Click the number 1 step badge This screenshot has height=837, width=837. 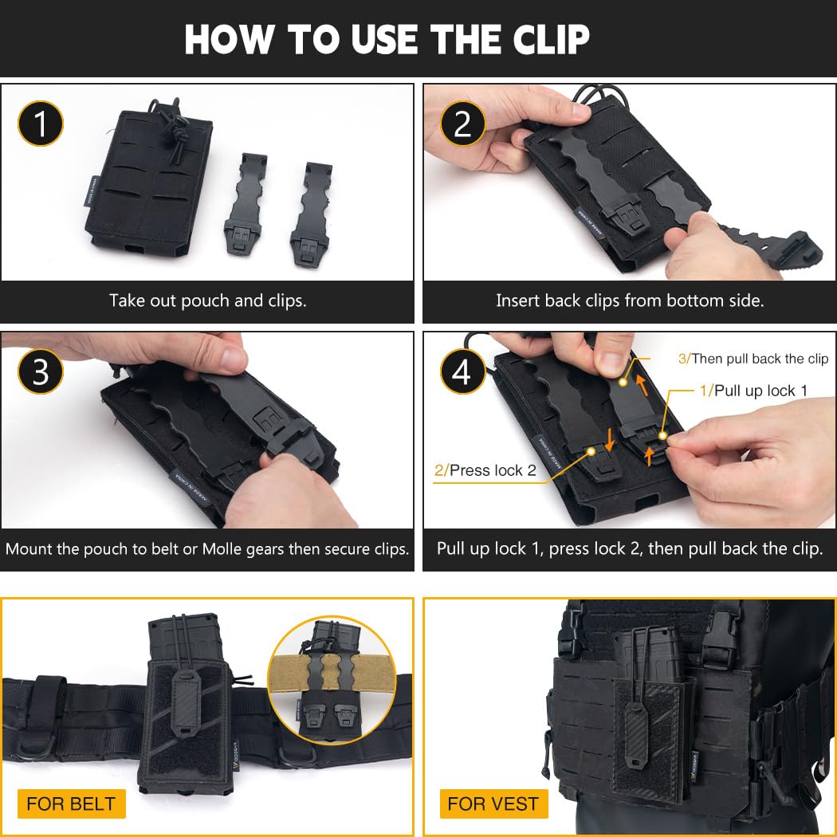click(x=41, y=124)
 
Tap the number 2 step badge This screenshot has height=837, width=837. click(x=462, y=124)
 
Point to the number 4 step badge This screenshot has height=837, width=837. click(x=462, y=371)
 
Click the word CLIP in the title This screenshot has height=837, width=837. click(x=552, y=39)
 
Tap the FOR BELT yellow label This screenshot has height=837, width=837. click(x=72, y=804)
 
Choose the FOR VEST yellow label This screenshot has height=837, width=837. click(x=493, y=804)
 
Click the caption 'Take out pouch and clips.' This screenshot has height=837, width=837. click(x=207, y=301)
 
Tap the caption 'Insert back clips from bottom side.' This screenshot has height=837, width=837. click(x=630, y=301)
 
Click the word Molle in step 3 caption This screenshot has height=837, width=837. click(x=222, y=548)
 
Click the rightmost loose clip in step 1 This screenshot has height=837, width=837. click(x=311, y=214)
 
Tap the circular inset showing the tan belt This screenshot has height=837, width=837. click(x=332, y=680)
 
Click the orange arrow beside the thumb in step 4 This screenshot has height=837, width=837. click(x=642, y=385)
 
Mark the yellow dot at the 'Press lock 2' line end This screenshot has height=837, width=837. click(x=591, y=452)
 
